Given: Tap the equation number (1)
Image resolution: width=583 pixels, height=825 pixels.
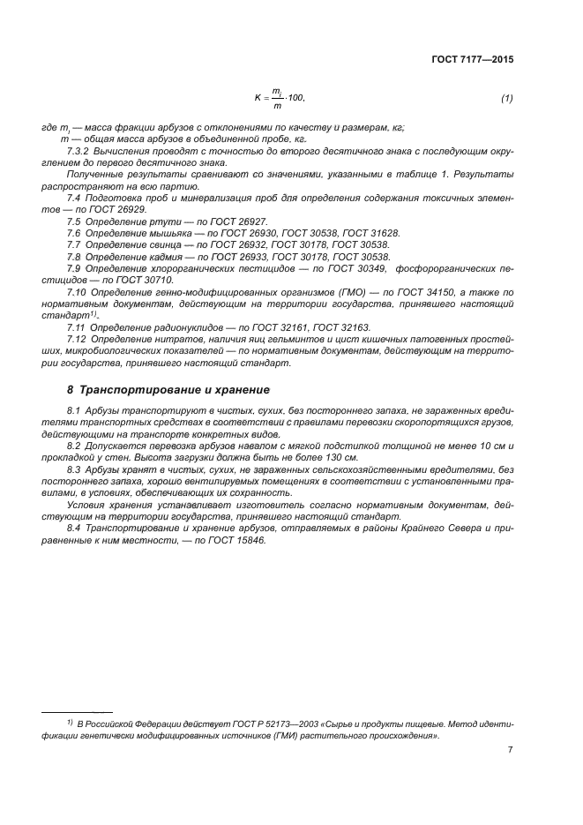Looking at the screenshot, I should point(506,98).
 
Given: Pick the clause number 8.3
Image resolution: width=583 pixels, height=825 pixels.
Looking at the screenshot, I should point(74,470).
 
